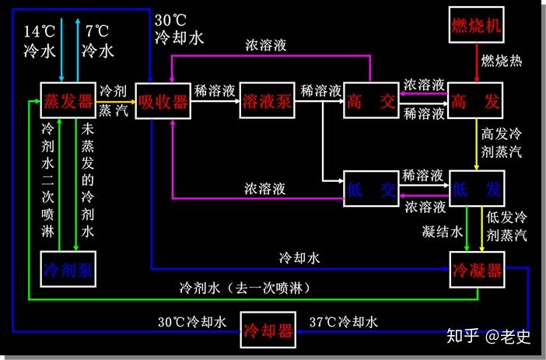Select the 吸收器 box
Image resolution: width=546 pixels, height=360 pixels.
pyautogui.click(x=163, y=101)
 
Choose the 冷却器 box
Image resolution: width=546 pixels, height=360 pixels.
pyautogui.click(x=269, y=331)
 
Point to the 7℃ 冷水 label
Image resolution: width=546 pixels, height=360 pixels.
pyautogui.click(x=99, y=41)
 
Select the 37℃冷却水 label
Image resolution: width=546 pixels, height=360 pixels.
pyautogui.click(x=344, y=322)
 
